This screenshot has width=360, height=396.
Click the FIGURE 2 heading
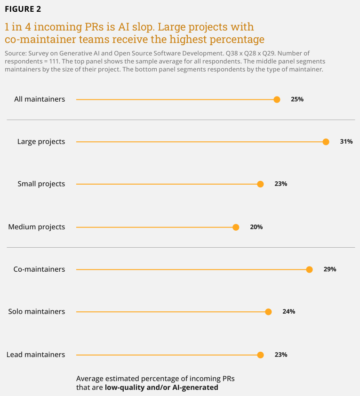(23, 9)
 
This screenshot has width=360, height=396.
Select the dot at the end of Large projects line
(326, 142)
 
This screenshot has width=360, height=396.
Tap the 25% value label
(297, 99)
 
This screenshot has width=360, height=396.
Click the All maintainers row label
(40, 99)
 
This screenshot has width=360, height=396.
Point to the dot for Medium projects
(236, 227)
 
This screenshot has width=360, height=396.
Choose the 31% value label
(346, 141)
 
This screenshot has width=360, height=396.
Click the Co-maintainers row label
(39, 269)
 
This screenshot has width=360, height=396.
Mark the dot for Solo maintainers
(268, 312)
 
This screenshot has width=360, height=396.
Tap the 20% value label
(256, 227)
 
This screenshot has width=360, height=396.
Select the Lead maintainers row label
(36, 355)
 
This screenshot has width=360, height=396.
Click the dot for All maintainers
(277, 99)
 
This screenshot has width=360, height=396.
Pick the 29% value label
(330, 269)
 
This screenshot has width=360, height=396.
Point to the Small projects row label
(41, 184)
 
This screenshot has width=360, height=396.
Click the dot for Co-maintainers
(309, 270)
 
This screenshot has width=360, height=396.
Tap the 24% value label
(289, 311)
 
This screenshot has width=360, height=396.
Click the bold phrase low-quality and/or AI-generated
(161, 388)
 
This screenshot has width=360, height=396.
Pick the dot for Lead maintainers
(261, 355)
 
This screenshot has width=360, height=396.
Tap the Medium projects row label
(37, 227)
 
